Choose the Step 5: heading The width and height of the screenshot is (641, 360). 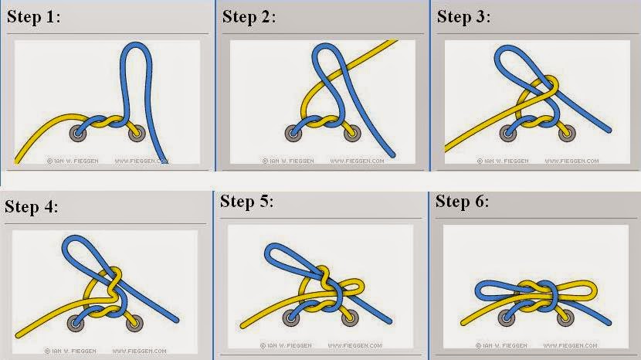point(247,202)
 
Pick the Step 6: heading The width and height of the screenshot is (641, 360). point(462,202)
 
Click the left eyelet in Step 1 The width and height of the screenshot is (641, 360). point(77,132)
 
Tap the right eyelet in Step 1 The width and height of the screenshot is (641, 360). point(137,132)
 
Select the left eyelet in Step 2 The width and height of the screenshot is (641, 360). point(293,132)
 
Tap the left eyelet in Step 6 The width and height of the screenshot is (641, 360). point(508,316)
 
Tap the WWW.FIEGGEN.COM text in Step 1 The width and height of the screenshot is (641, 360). point(141,161)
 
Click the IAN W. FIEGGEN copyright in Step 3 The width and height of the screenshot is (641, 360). point(502,161)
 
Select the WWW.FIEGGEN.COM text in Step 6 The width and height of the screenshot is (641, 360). point(570,350)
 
